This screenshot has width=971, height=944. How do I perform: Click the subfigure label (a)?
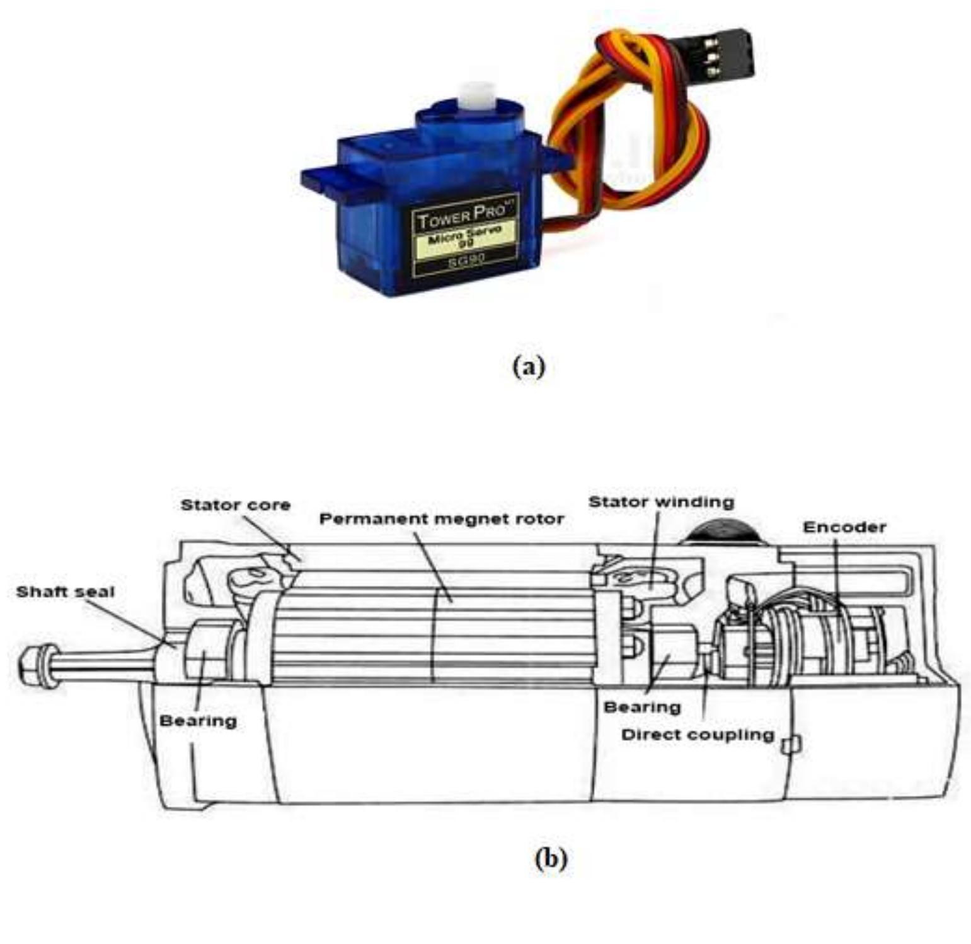528,366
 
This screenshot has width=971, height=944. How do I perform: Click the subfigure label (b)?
550,858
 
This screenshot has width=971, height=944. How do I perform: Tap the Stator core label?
235,505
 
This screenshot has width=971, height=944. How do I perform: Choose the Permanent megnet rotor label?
441,519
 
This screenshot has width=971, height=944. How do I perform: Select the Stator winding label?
661,502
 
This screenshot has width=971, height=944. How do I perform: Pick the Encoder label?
844,527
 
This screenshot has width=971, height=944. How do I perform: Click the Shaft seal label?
65,592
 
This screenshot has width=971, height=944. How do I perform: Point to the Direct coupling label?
698,735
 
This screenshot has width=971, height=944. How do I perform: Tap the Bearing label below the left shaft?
198,720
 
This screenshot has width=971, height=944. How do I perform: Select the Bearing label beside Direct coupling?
642,707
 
